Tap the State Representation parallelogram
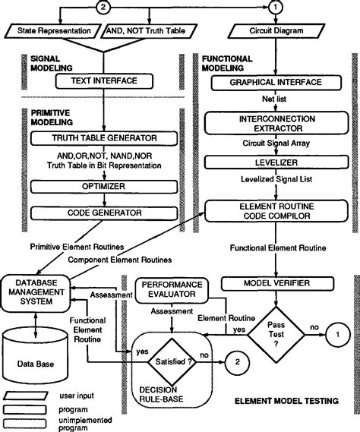coord(49,31)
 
